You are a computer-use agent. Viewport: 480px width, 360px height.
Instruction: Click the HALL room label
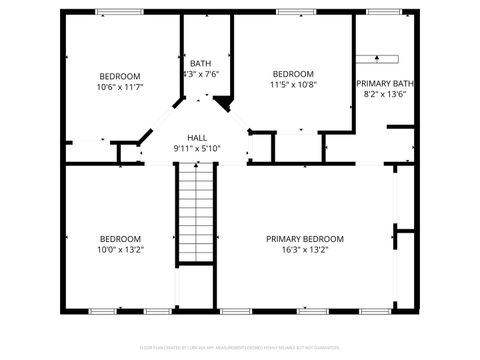[x=196, y=138]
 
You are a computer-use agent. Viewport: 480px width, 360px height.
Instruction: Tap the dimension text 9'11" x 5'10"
[x=196, y=149]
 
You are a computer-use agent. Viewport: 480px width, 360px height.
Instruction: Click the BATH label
[x=200, y=63]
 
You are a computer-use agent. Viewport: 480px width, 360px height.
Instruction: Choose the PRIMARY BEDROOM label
[x=304, y=238]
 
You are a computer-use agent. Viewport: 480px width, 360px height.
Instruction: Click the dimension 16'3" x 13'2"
[x=304, y=249]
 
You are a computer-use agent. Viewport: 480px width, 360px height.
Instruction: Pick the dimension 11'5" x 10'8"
[x=293, y=85]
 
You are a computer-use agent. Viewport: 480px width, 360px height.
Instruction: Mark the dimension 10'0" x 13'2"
[x=119, y=249]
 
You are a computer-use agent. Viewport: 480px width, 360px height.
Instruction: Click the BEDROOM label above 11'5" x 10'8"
[x=293, y=74]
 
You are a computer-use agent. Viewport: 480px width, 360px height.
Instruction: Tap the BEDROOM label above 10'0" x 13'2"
[x=119, y=238]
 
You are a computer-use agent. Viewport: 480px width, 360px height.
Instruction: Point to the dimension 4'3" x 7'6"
[x=200, y=74]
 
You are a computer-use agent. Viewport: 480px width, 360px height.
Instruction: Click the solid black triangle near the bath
[x=223, y=101]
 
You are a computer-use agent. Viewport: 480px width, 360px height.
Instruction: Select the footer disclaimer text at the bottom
[x=240, y=348]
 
